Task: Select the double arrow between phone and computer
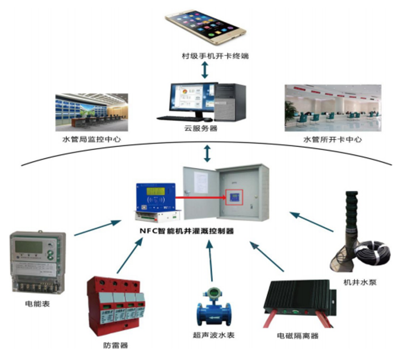[205, 70]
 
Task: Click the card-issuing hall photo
[331, 108]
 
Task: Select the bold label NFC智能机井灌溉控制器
[187, 231]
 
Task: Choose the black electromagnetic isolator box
[295, 302]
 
